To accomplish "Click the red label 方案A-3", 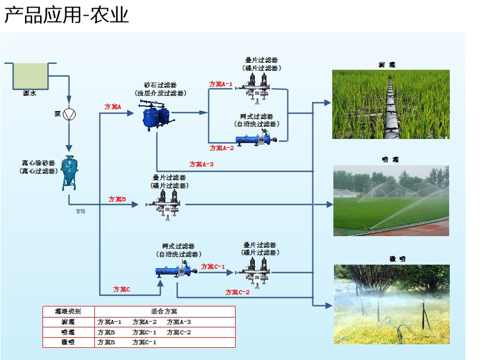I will tap(202, 164).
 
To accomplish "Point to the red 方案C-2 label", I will tap(237, 292).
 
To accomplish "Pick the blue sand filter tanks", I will tap(155, 116).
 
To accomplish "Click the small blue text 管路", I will tap(80, 211).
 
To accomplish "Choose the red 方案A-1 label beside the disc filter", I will tap(221, 84).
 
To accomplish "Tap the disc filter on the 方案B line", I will tap(169, 205).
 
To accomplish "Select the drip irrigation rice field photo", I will tap(390, 105).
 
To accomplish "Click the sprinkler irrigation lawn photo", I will tap(390, 201).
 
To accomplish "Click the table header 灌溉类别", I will tap(68, 311).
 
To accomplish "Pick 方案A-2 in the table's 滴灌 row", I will tap(144, 322).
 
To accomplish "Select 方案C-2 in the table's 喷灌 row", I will tap(179, 332).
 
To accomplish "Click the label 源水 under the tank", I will tap(29, 93).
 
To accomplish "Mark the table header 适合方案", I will tap(164, 311).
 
